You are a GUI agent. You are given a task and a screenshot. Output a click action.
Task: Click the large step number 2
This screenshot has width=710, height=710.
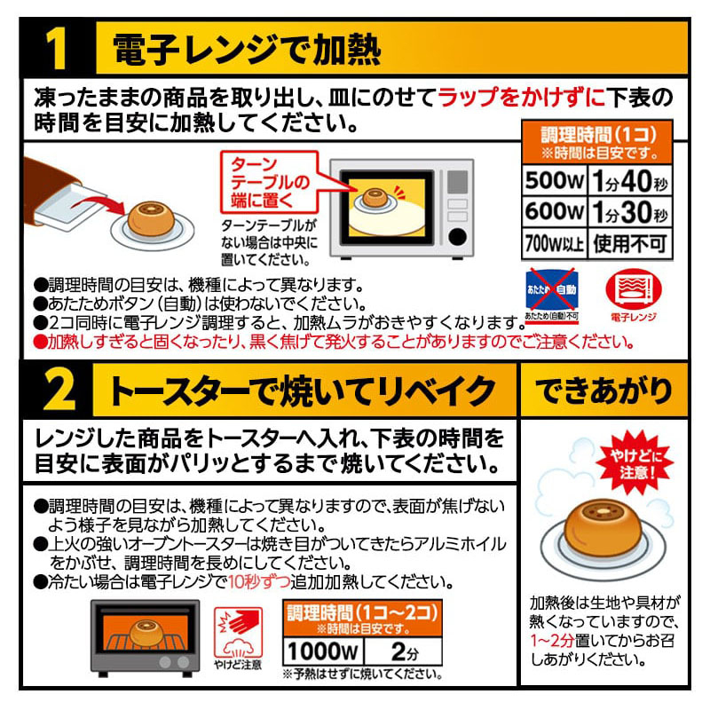pos(58,390)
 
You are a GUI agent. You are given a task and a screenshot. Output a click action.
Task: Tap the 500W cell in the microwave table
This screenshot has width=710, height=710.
pos(554,181)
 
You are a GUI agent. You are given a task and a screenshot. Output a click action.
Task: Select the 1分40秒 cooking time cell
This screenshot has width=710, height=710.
pos(630,181)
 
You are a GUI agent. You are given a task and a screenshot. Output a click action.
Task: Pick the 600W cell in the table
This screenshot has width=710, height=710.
pos(554,211)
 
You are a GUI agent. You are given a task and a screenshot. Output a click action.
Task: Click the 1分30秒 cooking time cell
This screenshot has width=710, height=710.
pos(630,211)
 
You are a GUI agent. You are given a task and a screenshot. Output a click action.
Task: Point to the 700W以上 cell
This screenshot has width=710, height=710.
pos(554,243)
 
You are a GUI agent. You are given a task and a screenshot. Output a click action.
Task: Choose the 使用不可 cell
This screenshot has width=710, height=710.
pos(630,243)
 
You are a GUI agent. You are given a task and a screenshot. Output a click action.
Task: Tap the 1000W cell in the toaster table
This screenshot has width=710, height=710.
pos(323,651)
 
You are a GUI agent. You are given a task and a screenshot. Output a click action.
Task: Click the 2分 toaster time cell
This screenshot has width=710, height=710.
pos(403,651)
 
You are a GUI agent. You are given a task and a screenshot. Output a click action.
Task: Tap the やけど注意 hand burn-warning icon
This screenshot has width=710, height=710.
pos(238,633)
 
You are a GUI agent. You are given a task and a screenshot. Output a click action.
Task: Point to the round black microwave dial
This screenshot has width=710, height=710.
pos(457,236)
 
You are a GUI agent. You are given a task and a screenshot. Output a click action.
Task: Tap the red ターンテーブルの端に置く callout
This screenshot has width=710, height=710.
pos(271,182)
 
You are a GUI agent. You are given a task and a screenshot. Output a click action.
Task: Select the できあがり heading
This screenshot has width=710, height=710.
pos(603,390)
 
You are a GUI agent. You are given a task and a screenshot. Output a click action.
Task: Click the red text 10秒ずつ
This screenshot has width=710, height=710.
pos(258,581)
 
